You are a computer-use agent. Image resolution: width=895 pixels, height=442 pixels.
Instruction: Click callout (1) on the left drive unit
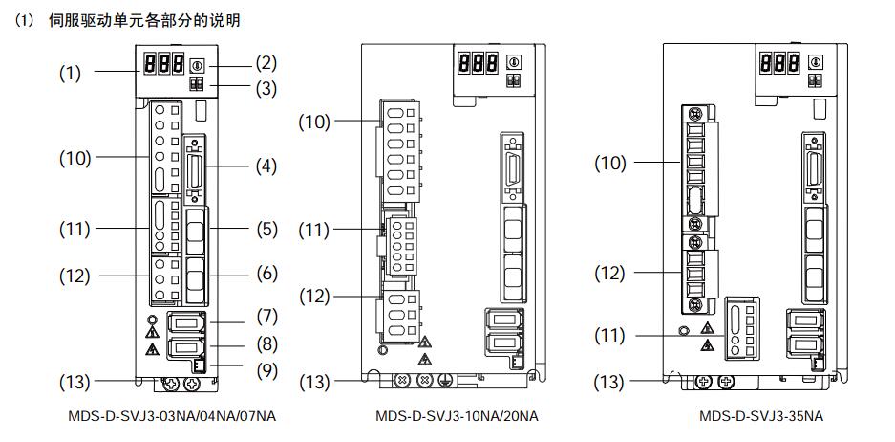pyautogui.click(x=70, y=74)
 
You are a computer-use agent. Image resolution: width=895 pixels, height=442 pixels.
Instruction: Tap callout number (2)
pyautogui.click(x=266, y=63)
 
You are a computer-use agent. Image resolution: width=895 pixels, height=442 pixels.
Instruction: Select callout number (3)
pyautogui.click(x=266, y=89)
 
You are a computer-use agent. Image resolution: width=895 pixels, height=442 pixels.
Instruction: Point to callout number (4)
pyautogui.click(x=266, y=166)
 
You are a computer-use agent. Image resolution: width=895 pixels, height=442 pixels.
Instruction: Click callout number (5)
pyautogui.click(x=266, y=230)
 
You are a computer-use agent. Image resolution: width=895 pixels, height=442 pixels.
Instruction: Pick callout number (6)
pyautogui.click(x=266, y=274)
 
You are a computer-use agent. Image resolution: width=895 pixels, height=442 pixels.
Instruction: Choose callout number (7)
pyautogui.click(x=266, y=317)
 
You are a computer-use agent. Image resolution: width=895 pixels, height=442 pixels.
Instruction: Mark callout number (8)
pyautogui.click(x=266, y=344)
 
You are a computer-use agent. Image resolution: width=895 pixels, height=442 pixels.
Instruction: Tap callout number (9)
pyautogui.click(x=266, y=371)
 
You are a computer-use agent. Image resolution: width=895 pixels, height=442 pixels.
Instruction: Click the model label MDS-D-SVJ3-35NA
pyautogui.click(x=761, y=416)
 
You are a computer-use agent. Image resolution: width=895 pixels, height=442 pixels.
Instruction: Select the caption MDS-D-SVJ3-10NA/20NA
pyautogui.click(x=457, y=416)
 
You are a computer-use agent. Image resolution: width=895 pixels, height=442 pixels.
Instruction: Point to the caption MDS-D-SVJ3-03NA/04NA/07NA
pyautogui.click(x=172, y=416)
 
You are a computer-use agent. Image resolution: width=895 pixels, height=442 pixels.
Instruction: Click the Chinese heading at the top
pyautogui.click(x=144, y=21)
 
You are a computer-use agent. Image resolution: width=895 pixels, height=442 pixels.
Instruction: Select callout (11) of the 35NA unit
pyautogui.click(x=609, y=335)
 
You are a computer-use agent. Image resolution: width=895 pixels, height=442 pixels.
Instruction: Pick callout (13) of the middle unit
pyautogui.click(x=314, y=382)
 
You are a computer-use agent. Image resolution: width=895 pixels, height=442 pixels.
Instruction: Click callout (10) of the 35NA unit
pyautogui.click(x=609, y=163)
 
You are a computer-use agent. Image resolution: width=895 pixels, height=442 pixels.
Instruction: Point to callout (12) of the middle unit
pyautogui.click(x=314, y=297)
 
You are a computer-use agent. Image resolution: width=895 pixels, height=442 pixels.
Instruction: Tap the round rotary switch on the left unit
pyautogui.click(x=195, y=65)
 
